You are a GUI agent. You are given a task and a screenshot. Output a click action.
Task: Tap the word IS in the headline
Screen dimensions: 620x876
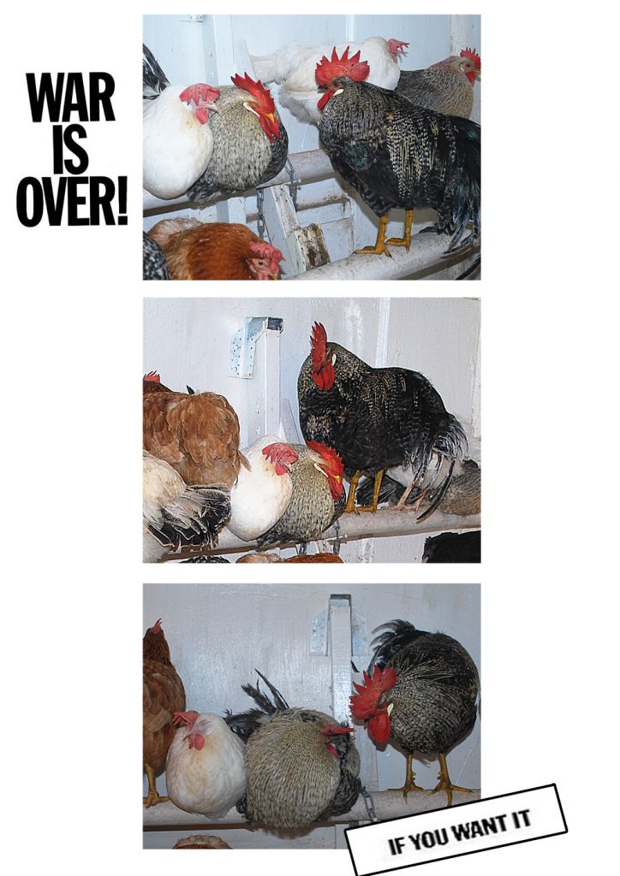click(72, 149)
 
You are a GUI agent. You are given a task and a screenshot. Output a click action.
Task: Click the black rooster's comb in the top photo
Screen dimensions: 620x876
click(342, 66)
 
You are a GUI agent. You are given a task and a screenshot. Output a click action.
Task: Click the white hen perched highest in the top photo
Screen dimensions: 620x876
click(336, 73)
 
